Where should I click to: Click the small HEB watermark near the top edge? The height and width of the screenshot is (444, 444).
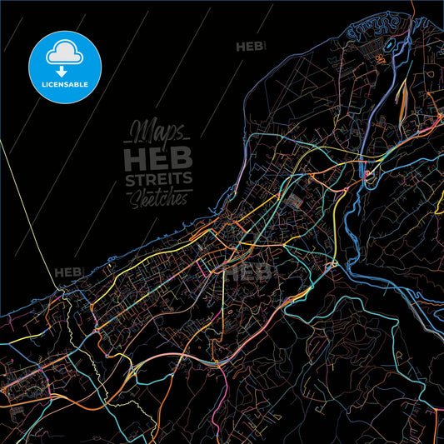click(x=250, y=47)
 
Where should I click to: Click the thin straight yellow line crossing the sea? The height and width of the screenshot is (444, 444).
click(x=25, y=208)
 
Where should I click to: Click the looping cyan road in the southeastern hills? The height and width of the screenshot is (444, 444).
click(x=333, y=333)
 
